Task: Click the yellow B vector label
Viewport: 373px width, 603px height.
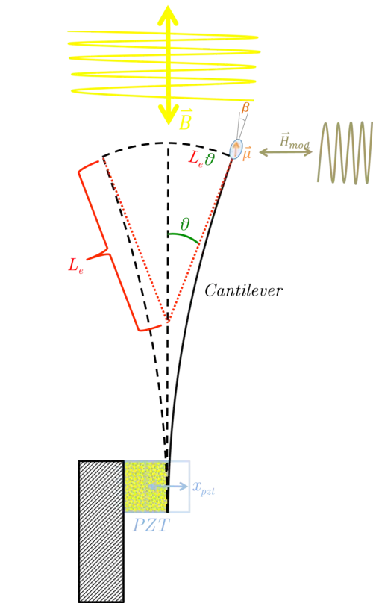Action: point(185,119)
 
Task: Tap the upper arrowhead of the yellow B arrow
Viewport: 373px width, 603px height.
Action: point(168,15)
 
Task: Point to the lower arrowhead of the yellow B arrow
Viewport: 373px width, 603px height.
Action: point(168,114)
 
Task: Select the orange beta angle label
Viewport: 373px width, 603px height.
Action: point(245,107)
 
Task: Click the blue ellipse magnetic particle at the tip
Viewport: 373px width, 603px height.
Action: point(236,149)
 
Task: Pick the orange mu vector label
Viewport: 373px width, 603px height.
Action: point(246,153)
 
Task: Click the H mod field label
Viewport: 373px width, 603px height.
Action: point(295,141)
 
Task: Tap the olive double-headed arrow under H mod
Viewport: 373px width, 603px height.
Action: point(286,152)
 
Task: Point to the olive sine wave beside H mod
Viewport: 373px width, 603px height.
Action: point(345,152)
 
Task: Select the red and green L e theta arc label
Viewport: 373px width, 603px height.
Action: point(201,158)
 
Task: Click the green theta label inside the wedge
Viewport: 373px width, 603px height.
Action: point(185,224)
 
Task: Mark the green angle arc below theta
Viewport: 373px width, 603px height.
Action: point(184,237)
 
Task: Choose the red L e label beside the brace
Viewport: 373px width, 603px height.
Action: point(75,266)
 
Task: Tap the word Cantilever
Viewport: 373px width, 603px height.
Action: point(243,290)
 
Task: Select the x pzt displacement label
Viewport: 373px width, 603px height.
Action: point(204,487)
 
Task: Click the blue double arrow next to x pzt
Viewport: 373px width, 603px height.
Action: point(167,487)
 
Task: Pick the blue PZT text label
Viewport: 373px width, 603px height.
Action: point(151,525)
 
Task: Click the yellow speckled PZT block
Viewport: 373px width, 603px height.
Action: point(145,487)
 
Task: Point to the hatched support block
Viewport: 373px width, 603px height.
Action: point(101,531)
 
